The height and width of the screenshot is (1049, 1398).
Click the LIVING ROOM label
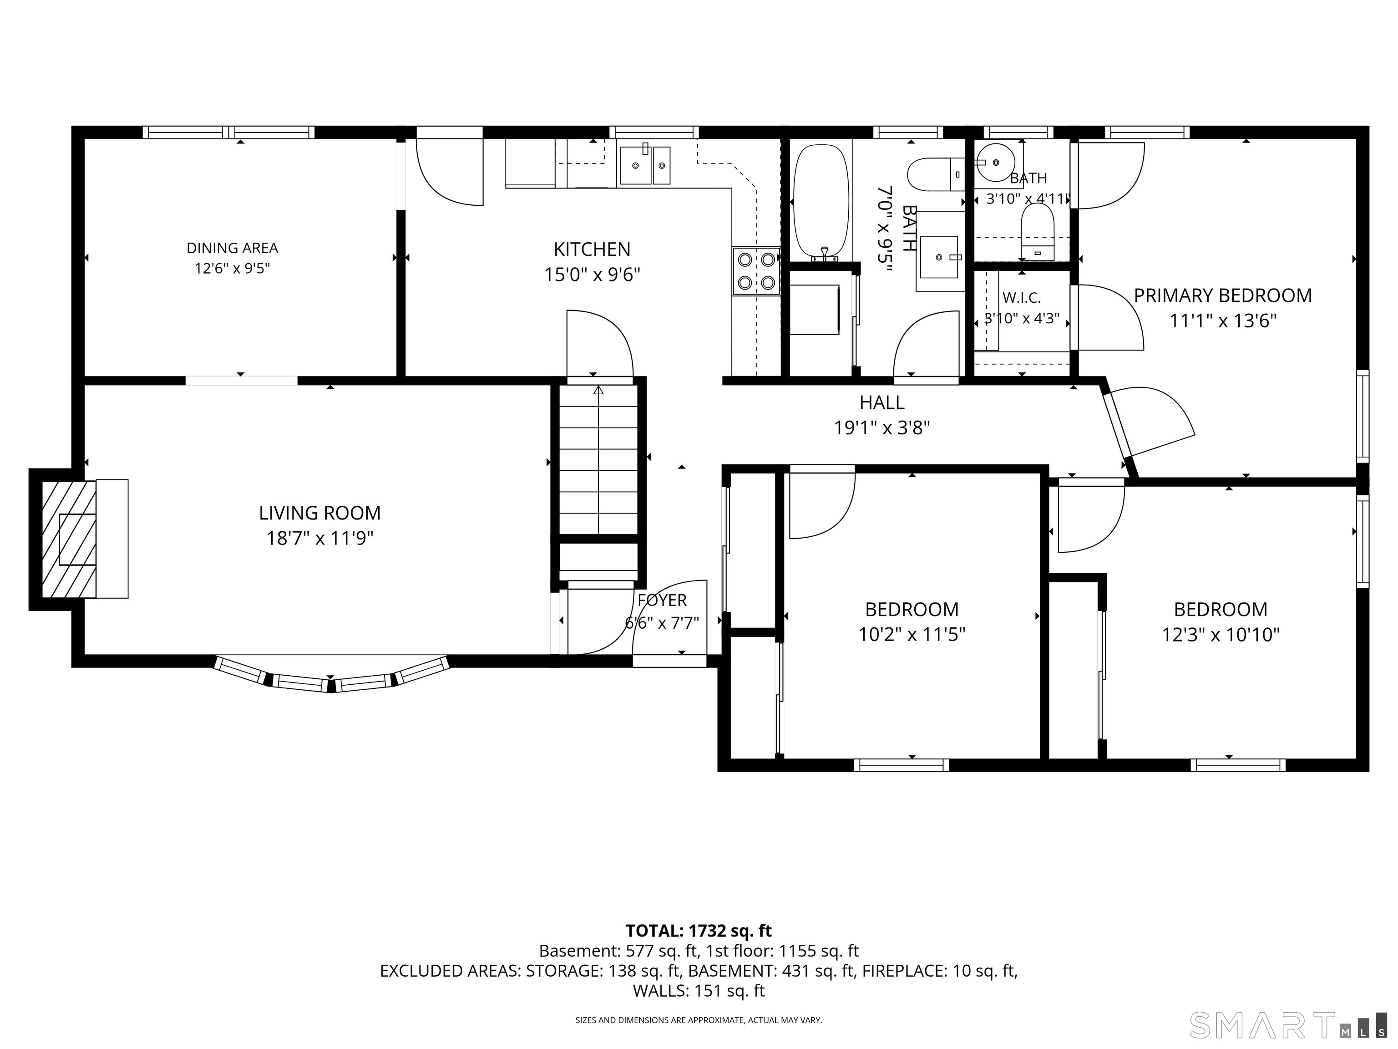[320, 513]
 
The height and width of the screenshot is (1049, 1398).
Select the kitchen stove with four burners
[756, 271]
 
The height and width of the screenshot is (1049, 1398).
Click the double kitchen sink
[645, 165]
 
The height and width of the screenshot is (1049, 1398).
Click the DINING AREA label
[232, 248]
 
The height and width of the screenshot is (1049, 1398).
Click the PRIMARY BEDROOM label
[1222, 296]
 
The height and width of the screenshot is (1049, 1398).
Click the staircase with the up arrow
[598, 460]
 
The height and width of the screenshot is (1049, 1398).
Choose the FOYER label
[662, 600]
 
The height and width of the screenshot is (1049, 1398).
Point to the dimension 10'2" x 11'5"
[912, 634]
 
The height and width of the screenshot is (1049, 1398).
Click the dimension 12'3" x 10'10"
[1221, 634]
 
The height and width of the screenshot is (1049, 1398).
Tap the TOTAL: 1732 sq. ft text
[699, 931]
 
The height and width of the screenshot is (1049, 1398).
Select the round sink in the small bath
[995, 163]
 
